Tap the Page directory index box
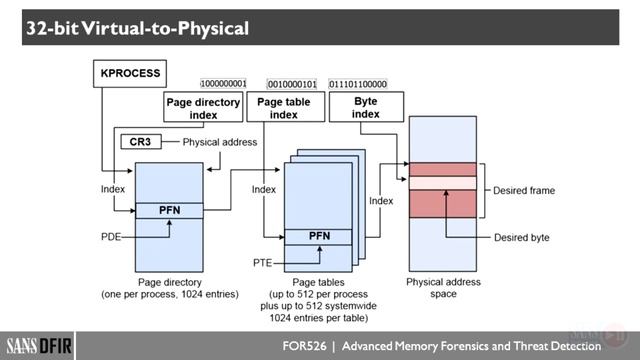(x=203, y=108)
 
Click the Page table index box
(x=284, y=108)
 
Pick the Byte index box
(x=365, y=108)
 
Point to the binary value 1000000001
(x=224, y=84)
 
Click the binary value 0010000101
(x=293, y=84)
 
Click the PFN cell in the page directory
(x=168, y=210)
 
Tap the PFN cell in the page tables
(x=318, y=236)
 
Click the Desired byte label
(x=521, y=237)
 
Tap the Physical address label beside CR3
(x=219, y=142)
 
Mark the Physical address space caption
(x=444, y=288)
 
